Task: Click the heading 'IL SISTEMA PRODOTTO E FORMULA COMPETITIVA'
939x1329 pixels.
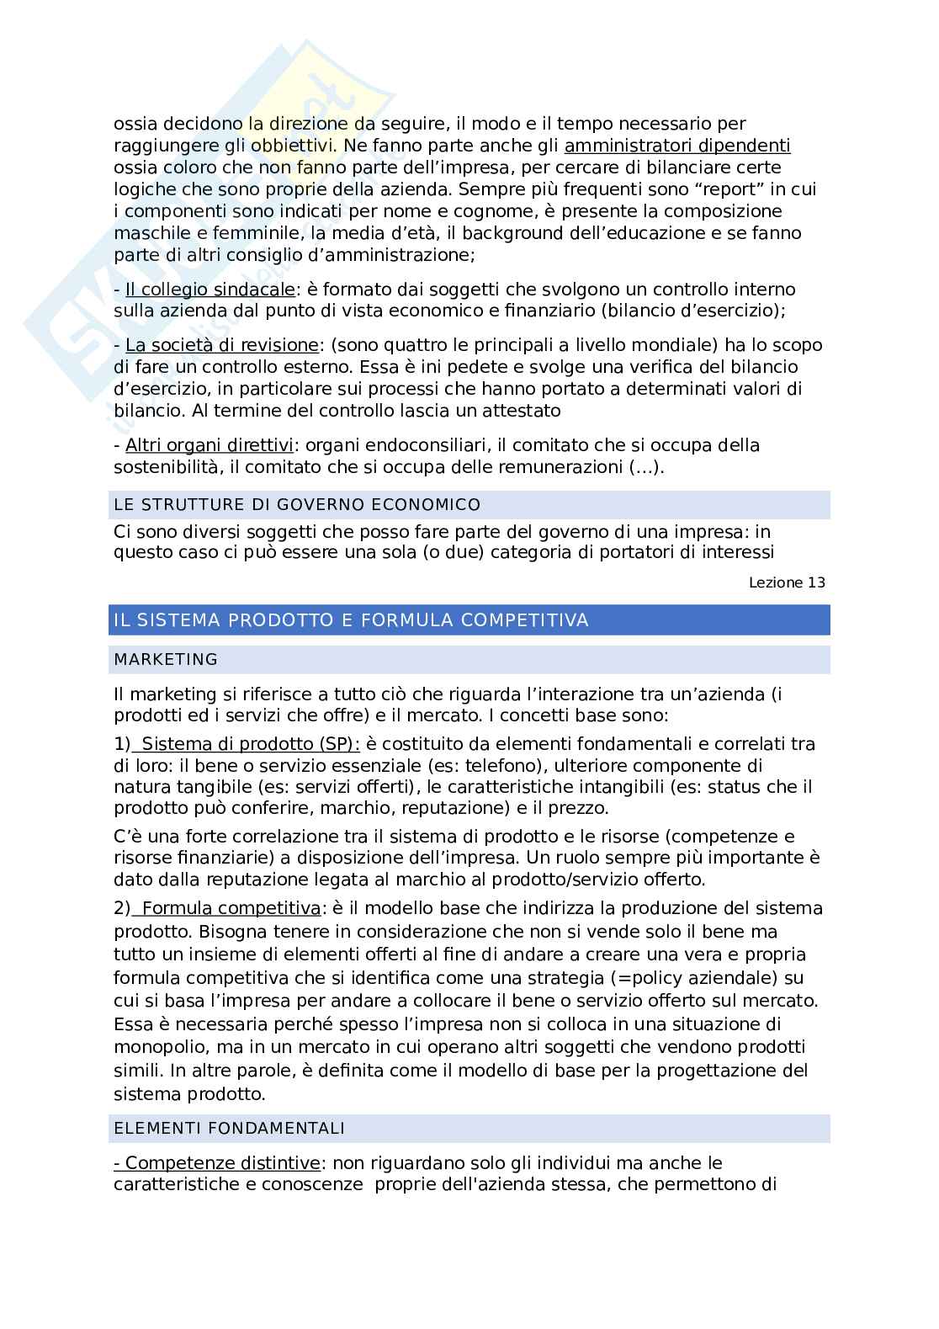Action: click(351, 620)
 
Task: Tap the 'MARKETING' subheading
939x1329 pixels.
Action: click(166, 660)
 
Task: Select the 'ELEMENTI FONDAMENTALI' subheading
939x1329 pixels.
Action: click(229, 1129)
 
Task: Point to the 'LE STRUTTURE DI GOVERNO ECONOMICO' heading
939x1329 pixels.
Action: click(297, 505)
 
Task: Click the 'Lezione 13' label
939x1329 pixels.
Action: click(787, 582)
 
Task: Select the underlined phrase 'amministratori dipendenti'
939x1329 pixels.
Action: click(677, 146)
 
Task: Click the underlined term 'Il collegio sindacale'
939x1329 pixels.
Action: click(210, 290)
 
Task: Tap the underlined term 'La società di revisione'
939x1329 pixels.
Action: click(222, 345)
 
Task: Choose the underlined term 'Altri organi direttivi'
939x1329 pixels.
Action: click(209, 445)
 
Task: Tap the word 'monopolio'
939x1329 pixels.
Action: click(160, 1048)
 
